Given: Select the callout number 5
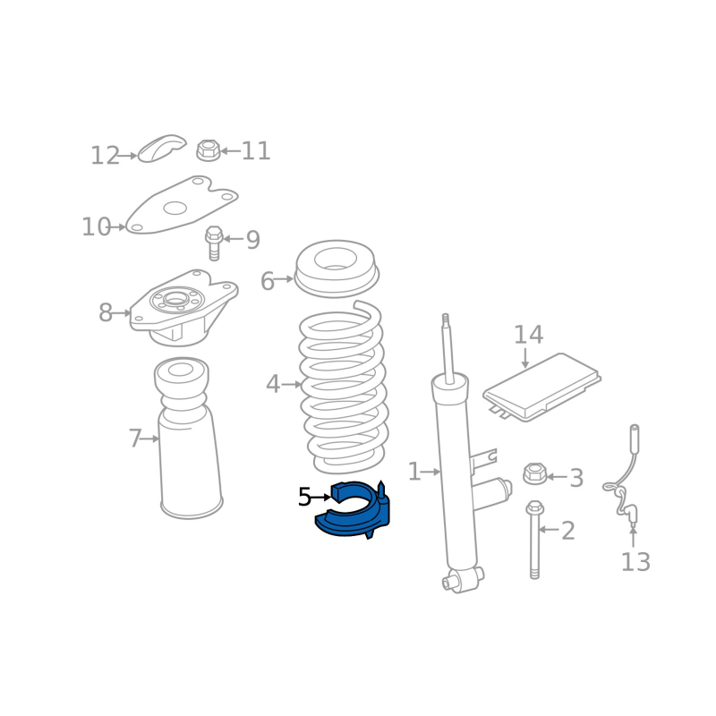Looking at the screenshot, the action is click(x=304, y=497).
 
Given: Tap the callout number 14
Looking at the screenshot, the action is click(x=528, y=335).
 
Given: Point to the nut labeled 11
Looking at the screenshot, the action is click(x=209, y=150).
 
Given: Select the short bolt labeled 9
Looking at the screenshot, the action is click(x=214, y=243).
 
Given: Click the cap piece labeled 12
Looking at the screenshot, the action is click(x=162, y=148).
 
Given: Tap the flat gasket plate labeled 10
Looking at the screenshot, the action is click(x=182, y=205).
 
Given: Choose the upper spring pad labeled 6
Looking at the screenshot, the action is click(x=337, y=269).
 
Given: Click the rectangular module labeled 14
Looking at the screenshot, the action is click(x=542, y=388).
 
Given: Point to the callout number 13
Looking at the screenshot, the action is click(x=635, y=562).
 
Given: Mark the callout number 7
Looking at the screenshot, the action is click(x=135, y=439).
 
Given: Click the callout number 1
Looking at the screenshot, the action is click(x=413, y=472).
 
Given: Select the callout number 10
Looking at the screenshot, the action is click(x=96, y=226).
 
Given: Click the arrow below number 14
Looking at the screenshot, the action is click(x=525, y=357).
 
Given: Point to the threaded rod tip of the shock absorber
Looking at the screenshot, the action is click(x=446, y=318).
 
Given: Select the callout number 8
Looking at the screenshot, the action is click(x=106, y=312).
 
